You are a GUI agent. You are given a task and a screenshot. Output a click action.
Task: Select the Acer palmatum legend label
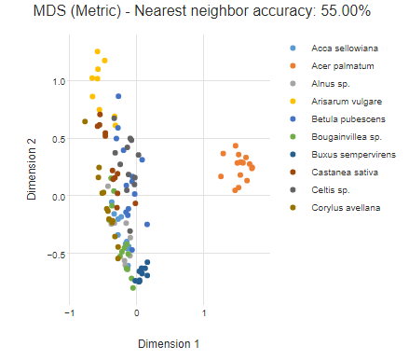[342, 66]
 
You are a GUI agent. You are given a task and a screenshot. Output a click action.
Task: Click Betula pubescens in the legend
[344, 119]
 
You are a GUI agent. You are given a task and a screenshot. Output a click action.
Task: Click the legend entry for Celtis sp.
[329, 190]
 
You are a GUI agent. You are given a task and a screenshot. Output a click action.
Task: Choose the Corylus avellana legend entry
[344, 208]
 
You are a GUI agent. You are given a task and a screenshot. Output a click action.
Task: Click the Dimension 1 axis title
[168, 344]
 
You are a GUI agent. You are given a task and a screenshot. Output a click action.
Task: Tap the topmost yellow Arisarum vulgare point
[97, 52]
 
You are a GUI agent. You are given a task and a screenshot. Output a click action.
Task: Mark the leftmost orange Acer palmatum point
[221, 175]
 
